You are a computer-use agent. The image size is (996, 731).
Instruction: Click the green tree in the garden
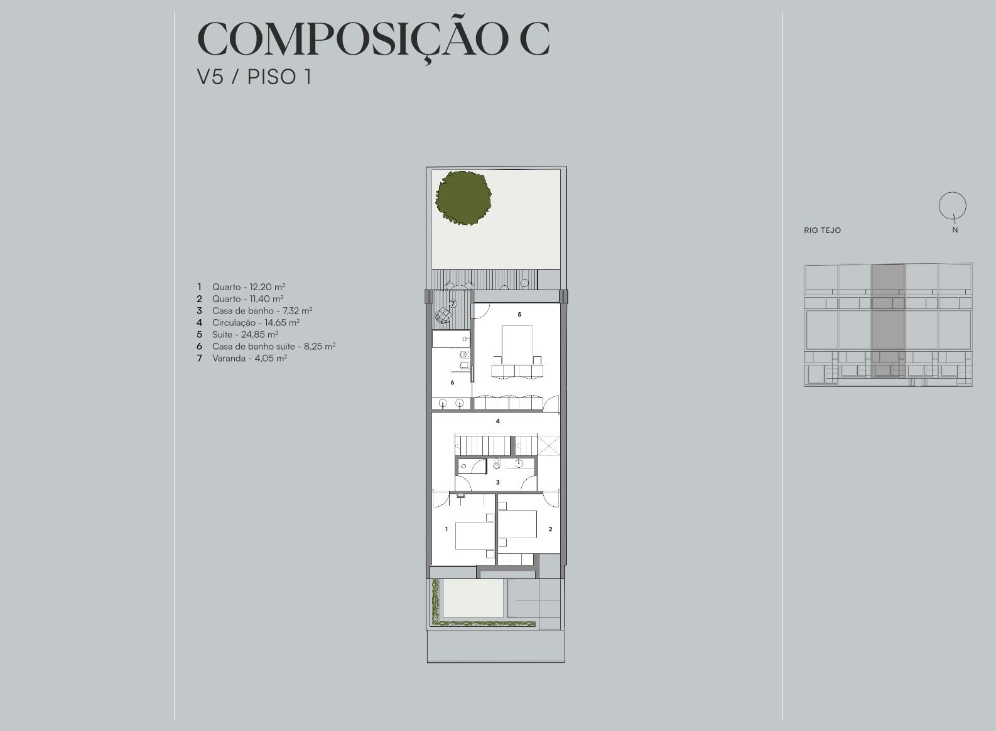point(463,198)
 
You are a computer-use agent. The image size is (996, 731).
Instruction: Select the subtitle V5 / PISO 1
point(254,77)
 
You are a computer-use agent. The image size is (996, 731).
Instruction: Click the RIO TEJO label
point(822,230)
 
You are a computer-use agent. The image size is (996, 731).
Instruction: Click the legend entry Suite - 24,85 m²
point(245,334)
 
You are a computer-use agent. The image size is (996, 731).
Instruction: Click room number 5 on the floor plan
point(519,315)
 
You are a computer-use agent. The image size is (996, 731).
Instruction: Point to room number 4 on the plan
point(498,421)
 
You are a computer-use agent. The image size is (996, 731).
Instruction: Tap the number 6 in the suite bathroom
point(452,382)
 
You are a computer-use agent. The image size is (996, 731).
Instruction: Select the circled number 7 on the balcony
point(453,304)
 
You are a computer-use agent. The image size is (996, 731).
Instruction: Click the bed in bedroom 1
point(474,536)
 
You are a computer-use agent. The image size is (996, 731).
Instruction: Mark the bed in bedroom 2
point(517,524)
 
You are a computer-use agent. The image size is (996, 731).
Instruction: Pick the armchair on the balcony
point(444,315)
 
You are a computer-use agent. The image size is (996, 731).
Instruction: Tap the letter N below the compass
point(955,230)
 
